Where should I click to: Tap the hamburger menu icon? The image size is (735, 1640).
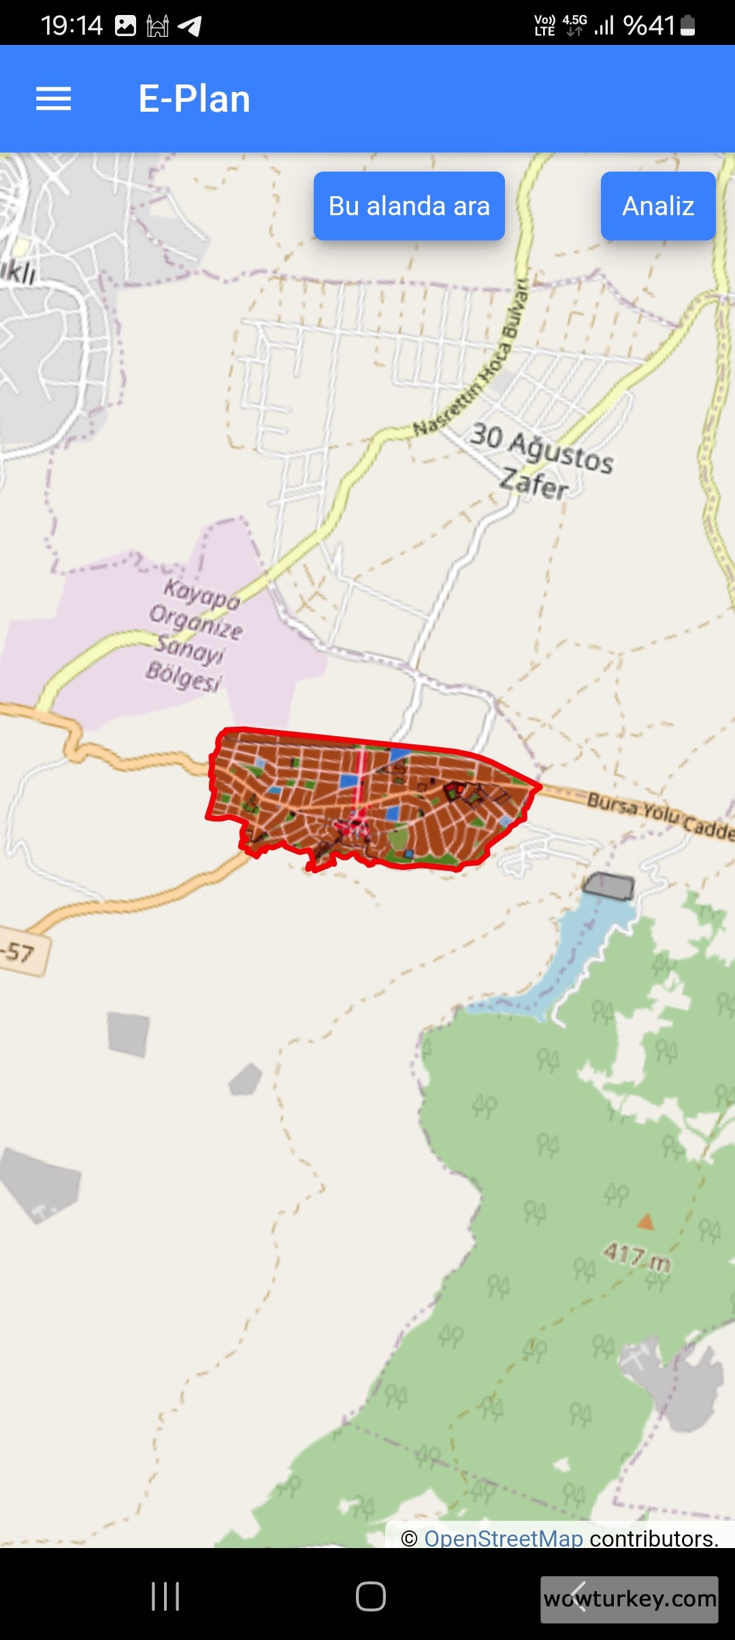[x=53, y=99]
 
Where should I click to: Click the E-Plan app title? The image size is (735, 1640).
[x=194, y=99]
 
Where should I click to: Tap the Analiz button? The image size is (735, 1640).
[x=657, y=206]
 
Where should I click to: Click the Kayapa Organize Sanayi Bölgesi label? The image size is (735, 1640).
[x=195, y=634]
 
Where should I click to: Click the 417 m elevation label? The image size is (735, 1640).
[x=637, y=1256]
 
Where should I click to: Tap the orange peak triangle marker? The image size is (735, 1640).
[x=645, y=1222]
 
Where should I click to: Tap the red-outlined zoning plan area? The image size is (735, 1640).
[x=367, y=797]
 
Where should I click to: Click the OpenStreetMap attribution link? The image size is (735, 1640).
[x=504, y=1538]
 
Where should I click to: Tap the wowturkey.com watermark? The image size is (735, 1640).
[x=630, y=1598]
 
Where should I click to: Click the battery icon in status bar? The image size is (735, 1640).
[x=687, y=26]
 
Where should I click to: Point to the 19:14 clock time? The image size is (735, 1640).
[x=71, y=26]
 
